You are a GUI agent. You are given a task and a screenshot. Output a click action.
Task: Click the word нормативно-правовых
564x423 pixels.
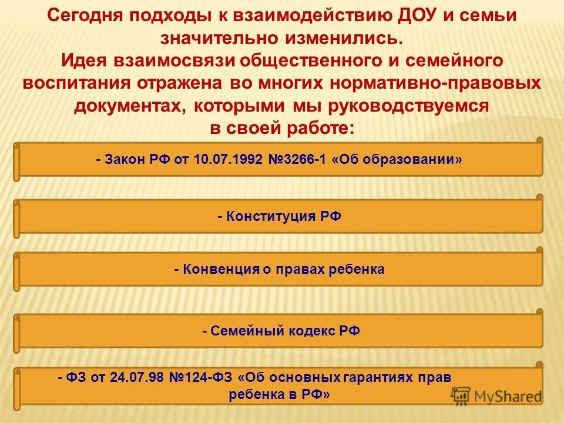[x=436, y=83]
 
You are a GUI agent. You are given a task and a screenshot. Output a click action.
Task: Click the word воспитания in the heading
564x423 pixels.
[x=78, y=83]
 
